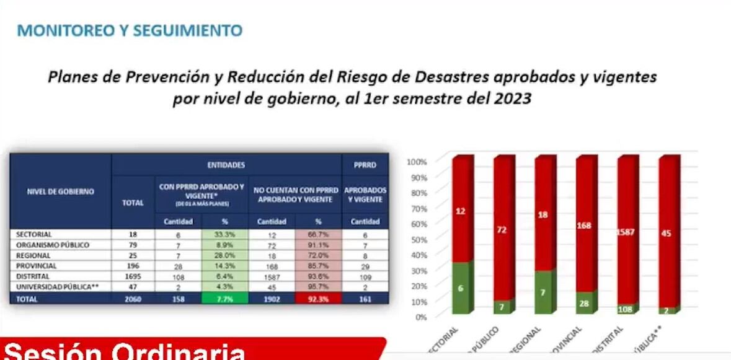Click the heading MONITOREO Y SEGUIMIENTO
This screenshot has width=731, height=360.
pyautogui.click(x=130, y=30)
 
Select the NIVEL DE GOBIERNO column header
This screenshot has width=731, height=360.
pyautogui.click(x=61, y=191)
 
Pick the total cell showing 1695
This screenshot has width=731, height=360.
pyautogui.click(x=133, y=276)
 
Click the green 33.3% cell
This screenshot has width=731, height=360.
pyautogui.click(x=224, y=235)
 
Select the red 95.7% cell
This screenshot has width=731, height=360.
pyautogui.click(x=318, y=287)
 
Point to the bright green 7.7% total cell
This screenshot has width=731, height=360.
pyautogui.click(x=224, y=298)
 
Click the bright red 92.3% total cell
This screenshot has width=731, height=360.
pyautogui.click(x=318, y=298)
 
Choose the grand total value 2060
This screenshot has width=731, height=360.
pyautogui.click(x=133, y=298)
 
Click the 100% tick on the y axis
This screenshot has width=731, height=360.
pyautogui.click(x=417, y=162)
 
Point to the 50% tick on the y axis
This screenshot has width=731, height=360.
pyautogui.click(x=418, y=239)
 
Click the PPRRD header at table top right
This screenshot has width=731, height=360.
pyautogui.click(x=365, y=165)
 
